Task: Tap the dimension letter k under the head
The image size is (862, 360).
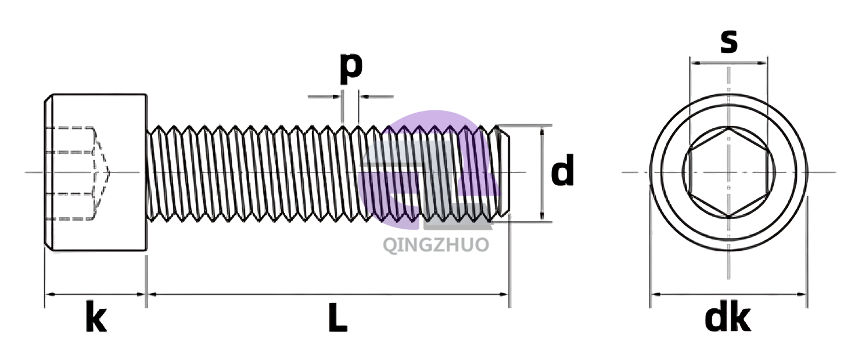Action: [x=96, y=316]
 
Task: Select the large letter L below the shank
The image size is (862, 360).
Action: [x=338, y=318]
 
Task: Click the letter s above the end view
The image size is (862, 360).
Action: [x=729, y=42]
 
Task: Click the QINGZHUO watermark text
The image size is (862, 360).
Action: [x=436, y=245]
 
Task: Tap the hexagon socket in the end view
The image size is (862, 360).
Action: [x=729, y=172]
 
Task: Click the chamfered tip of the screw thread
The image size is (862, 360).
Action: [x=502, y=174]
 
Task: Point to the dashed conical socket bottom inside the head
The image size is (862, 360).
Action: [x=102, y=172]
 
